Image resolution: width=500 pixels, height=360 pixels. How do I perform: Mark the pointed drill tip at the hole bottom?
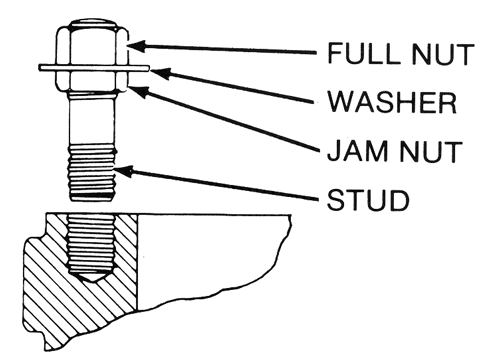click(93, 280)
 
